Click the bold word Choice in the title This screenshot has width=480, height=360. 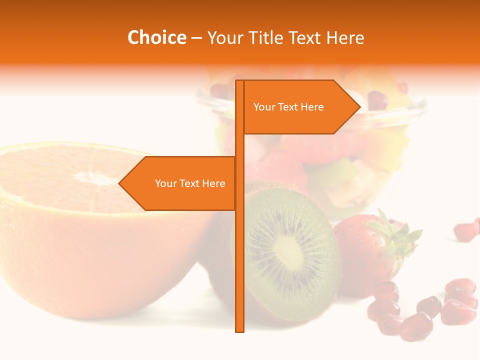[156, 38]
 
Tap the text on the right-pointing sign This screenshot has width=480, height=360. [288, 107]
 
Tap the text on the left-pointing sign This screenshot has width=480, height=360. [190, 183]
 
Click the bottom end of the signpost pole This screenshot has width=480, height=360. [239, 330]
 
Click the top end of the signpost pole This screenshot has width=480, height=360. [239, 81]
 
